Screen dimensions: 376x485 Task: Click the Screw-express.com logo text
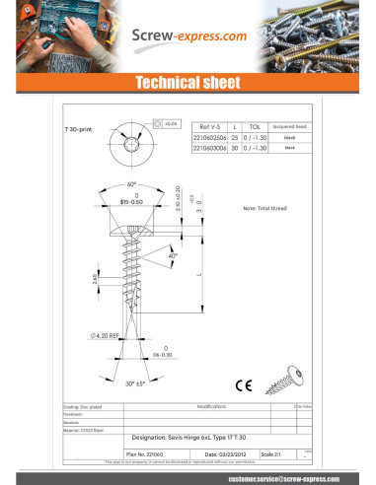coord(188,36)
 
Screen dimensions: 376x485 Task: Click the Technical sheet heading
coord(188,84)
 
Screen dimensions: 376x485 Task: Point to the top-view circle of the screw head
coord(132,145)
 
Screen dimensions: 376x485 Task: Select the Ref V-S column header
coord(211,127)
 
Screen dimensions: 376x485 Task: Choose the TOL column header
coord(255,127)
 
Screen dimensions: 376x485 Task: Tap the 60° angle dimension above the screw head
coord(133,184)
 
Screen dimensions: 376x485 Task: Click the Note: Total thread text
coord(263,210)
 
